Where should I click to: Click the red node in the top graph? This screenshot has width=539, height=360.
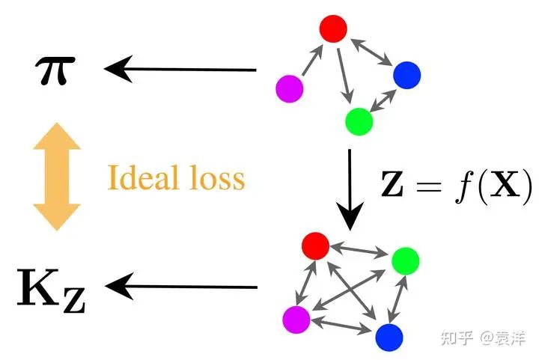tap(332, 28)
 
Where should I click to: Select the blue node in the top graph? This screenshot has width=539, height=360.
tap(406, 74)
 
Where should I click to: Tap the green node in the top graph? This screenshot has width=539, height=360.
tap(359, 120)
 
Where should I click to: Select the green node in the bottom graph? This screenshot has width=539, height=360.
tap(405, 260)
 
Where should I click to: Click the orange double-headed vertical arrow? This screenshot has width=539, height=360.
tap(55, 178)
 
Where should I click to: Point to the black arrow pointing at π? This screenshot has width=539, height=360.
tap(180, 70)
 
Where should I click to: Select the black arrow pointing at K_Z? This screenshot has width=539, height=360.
tap(180, 286)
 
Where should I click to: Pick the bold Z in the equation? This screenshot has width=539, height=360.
tap(394, 183)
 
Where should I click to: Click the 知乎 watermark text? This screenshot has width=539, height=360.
tap(456, 338)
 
